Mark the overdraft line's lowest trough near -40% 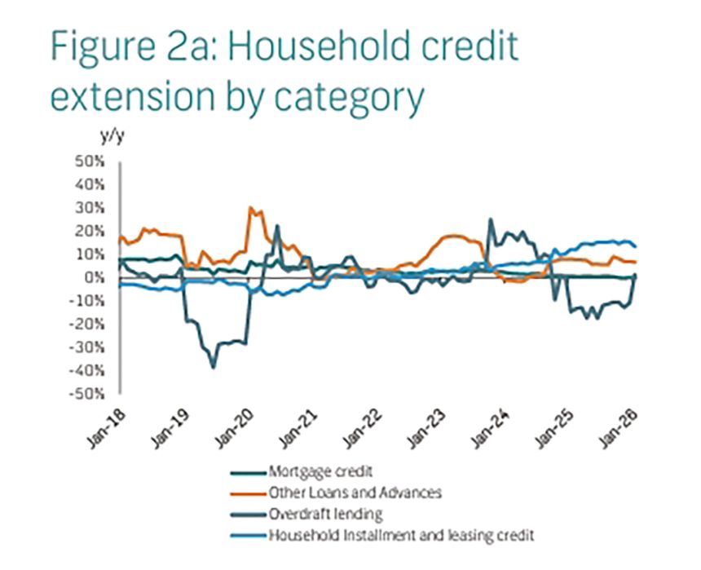pyautogui.click(x=214, y=368)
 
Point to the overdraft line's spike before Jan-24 pyautogui.click(x=490, y=219)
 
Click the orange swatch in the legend pyautogui.click(x=245, y=493)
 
